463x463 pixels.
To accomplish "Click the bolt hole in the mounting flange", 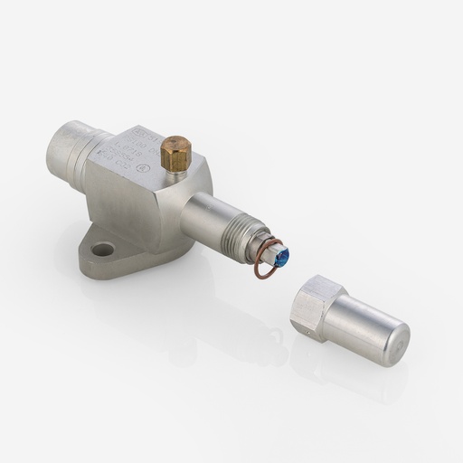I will [x=103, y=249].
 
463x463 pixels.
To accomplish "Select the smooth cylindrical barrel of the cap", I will [x=357, y=326].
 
